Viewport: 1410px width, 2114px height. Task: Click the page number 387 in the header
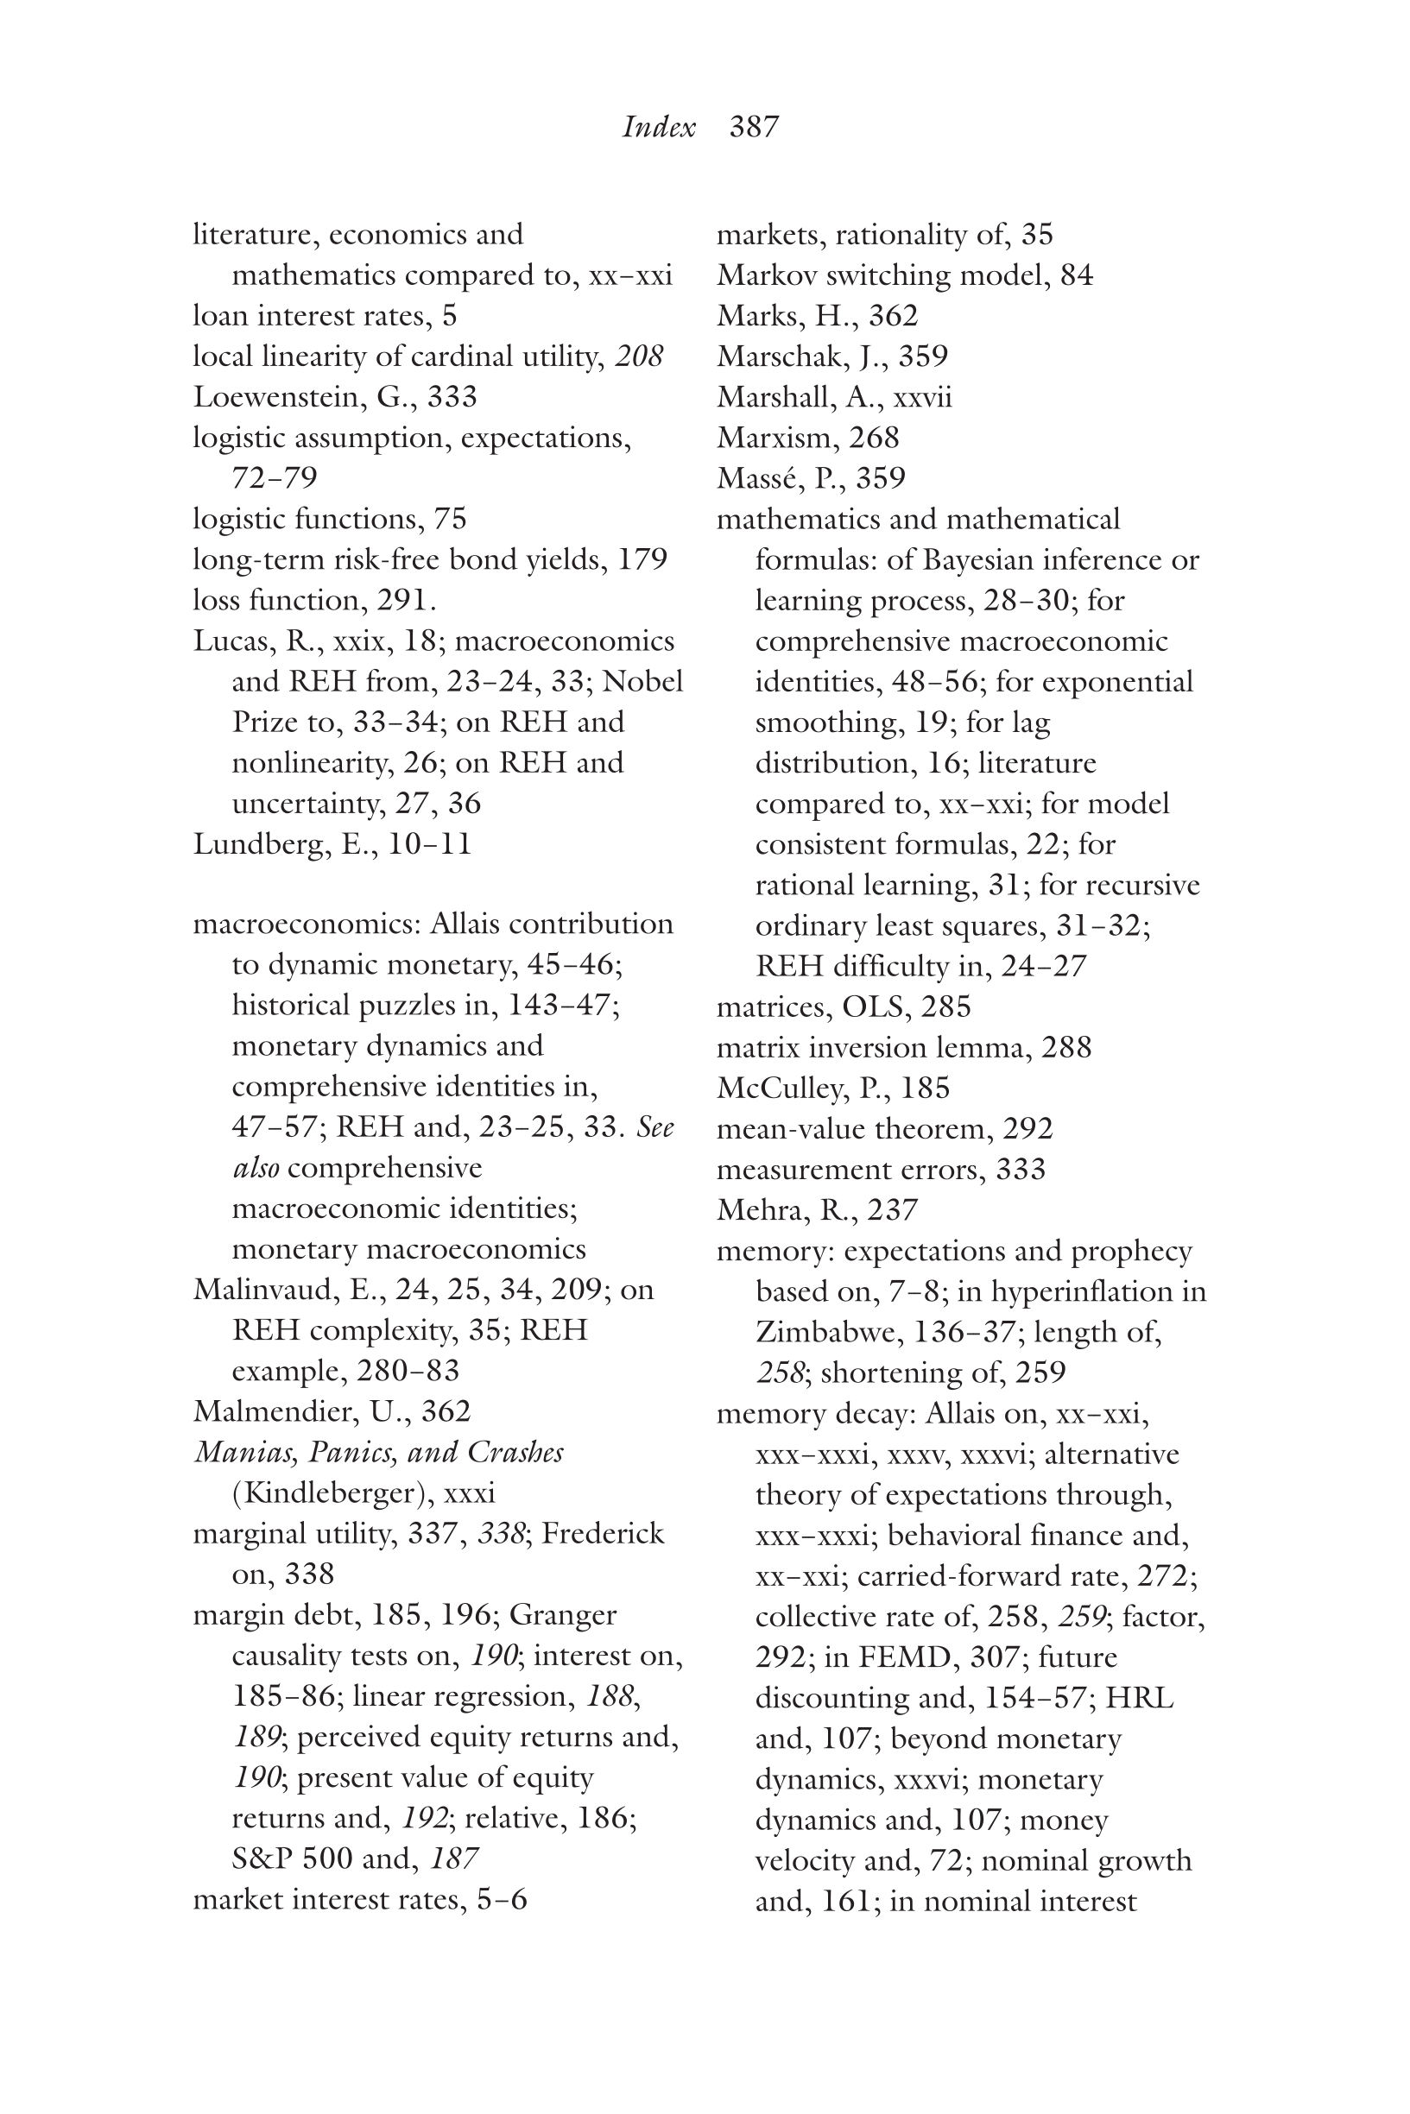[754, 127]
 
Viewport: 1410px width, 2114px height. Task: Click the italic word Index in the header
[658, 127]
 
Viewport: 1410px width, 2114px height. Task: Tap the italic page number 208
[638, 357]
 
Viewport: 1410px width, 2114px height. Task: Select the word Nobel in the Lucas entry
[642, 681]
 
